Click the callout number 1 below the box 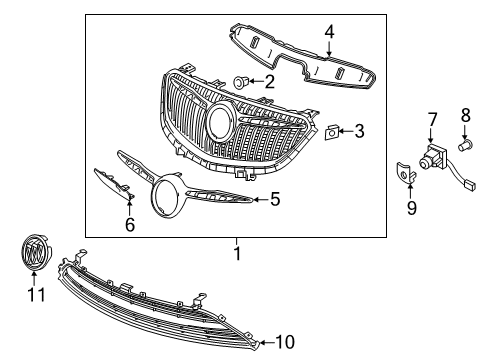pyautogui.click(x=236, y=253)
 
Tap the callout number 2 pyautogui.click(x=269, y=80)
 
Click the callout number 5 pyautogui.click(x=274, y=199)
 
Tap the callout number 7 pyautogui.click(x=433, y=120)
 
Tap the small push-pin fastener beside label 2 pyautogui.click(x=241, y=80)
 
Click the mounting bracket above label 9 pyautogui.click(x=403, y=172)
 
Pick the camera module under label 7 pyautogui.click(x=435, y=157)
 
